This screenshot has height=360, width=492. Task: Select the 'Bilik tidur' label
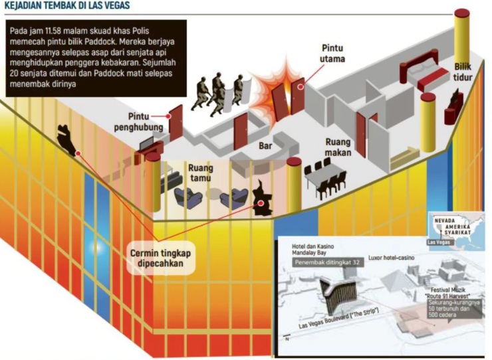[x=463, y=72]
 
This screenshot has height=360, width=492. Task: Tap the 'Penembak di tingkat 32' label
[x=330, y=264]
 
